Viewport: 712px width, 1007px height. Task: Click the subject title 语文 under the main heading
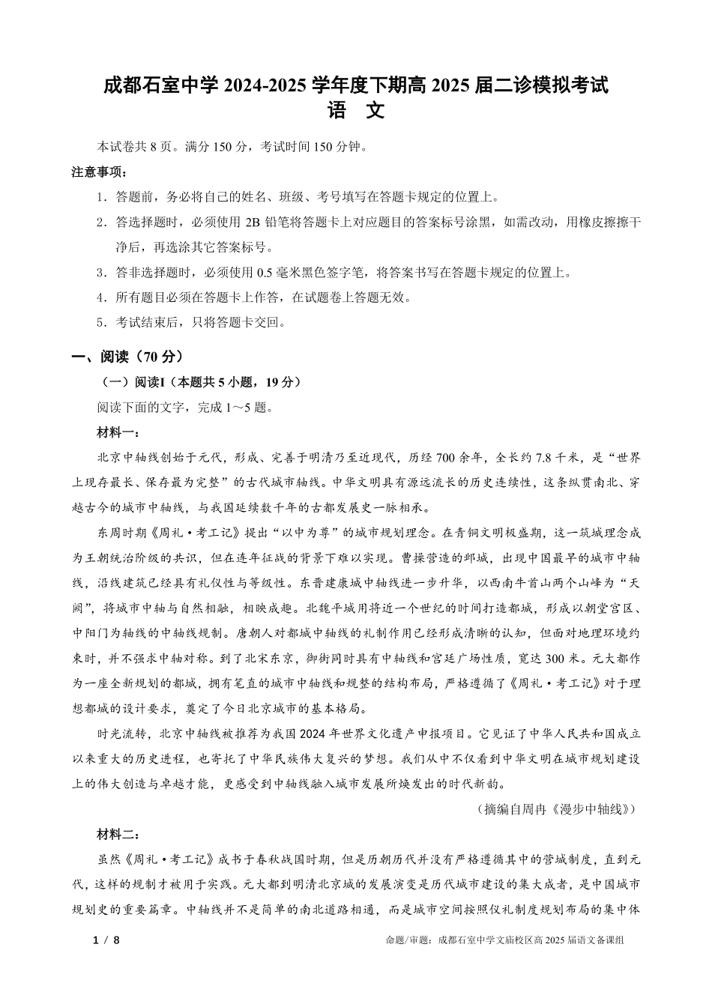click(x=356, y=112)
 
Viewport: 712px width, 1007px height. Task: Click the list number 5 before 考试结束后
click(x=100, y=323)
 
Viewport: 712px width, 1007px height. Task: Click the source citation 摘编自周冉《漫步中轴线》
click(x=557, y=809)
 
